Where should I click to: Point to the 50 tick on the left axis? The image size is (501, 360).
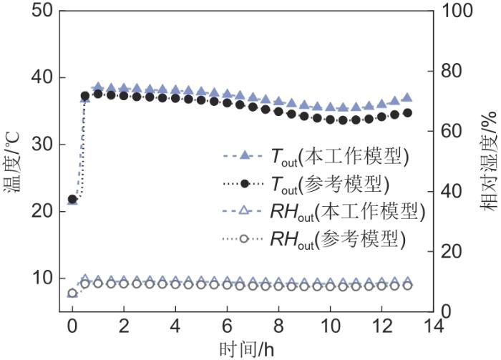[37, 11]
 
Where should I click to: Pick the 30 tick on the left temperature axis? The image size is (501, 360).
[37, 145]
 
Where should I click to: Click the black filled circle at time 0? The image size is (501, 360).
[72, 199]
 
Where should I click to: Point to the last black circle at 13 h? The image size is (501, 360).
[407, 113]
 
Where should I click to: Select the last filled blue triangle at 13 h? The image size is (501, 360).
[407, 97]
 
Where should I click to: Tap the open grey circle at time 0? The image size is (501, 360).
[72, 293]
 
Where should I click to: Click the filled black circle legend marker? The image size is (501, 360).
[245, 184]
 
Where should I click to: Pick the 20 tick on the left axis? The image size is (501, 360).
[37, 212]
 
